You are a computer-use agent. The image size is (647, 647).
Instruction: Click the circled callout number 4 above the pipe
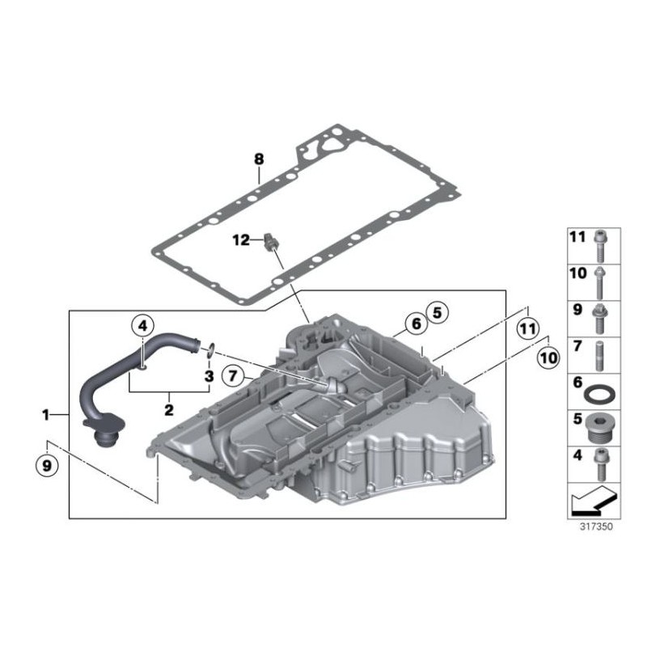[x=142, y=326]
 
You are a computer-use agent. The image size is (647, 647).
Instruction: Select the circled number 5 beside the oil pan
[x=437, y=313]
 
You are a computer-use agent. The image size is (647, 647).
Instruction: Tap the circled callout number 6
[x=417, y=323]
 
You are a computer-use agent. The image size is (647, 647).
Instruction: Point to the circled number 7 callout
[x=233, y=375]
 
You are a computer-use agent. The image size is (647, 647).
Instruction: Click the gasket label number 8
[x=259, y=159]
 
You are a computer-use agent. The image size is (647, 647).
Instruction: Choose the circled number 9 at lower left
[x=47, y=466]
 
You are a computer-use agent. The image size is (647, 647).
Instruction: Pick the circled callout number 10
[x=548, y=357]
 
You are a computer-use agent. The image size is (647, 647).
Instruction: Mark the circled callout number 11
[x=529, y=329]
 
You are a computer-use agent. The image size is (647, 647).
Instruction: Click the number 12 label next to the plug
[x=241, y=239]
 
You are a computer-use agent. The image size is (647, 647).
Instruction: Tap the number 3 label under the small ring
[x=209, y=376]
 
